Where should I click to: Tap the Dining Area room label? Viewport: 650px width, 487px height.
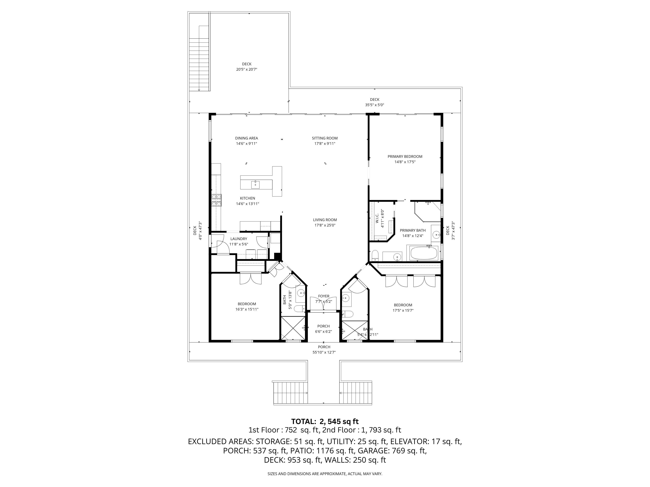click(x=247, y=138)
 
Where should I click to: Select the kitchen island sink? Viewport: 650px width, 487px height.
click(x=255, y=184)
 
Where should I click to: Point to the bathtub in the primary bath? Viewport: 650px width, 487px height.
click(x=423, y=253)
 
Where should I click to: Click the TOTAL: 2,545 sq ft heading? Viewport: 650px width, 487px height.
click(x=325, y=422)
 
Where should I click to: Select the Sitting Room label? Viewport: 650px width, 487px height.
click(x=325, y=138)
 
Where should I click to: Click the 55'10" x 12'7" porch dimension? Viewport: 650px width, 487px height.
click(x=324, y=352)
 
